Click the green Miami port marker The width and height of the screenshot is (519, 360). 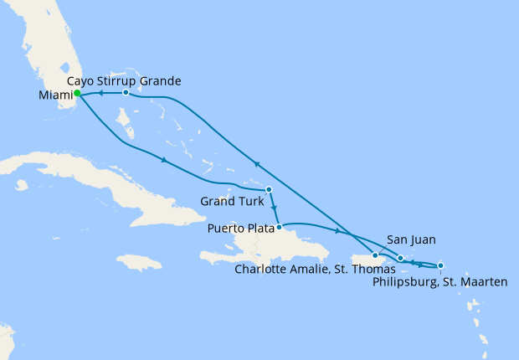click(x=77, y=94)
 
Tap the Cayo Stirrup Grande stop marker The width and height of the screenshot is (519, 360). click(x=126, y=92)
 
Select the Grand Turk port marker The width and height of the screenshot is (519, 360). click(x=268, y=189)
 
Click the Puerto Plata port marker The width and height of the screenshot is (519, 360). click(x=279, y=227)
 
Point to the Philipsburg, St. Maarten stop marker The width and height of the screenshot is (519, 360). click(x=440, y=265)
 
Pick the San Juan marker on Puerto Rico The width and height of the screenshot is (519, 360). click(x=375, y=255)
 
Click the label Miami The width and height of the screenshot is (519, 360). click(x=55, y=95)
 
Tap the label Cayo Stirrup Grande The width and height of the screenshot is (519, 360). click(x=123, y=80)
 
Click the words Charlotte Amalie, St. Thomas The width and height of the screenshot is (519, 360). click(x=315, y=270)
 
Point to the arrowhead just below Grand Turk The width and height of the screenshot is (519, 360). click(x=274, y=208)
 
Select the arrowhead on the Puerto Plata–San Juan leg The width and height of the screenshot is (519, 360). click(x=337, y=231)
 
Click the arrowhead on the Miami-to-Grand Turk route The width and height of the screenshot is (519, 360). click(x=162, y=159)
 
